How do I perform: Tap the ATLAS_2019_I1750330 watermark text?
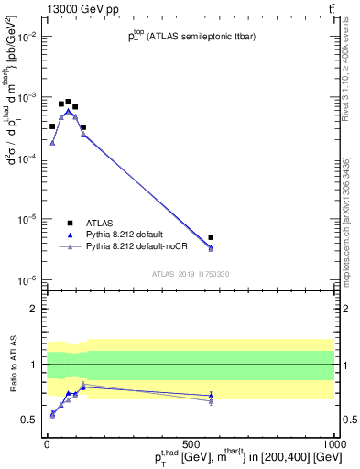[x=191, y=273]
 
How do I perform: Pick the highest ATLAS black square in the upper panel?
[x=68, y=102]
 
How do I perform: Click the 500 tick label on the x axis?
[x=191, y=444]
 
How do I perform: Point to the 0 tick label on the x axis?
[x=47, y=444]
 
